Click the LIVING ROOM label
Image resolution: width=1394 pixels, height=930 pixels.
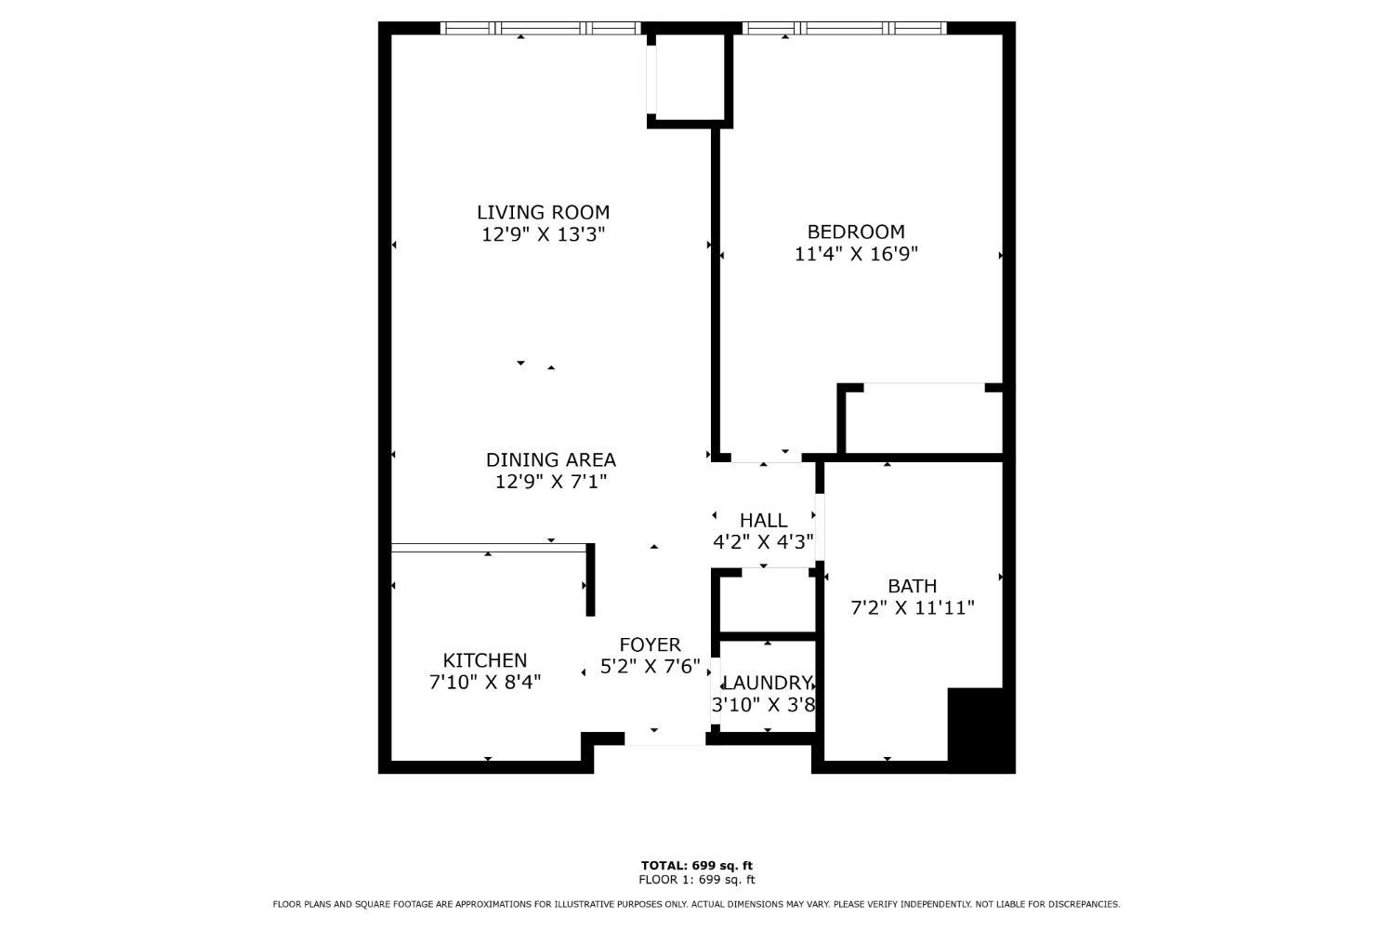(544, 212)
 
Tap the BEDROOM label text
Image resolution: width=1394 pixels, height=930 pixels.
(856, 232)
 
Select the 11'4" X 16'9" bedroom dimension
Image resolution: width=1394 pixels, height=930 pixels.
(856, 254)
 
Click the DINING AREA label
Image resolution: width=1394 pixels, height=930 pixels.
(551, 459)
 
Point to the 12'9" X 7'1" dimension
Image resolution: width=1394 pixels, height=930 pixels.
(551, 482)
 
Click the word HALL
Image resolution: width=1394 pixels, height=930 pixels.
(764, 520)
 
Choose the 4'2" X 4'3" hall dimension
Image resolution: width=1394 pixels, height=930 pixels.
(764, 542)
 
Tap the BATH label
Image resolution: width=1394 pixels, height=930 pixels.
(913, 586)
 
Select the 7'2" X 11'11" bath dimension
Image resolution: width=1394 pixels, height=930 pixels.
(913, 608)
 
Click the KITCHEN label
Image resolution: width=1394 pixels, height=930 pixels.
(485, 660)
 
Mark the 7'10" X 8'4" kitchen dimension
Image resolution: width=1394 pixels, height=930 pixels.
(485, 682)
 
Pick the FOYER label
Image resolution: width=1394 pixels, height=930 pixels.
(651, 644)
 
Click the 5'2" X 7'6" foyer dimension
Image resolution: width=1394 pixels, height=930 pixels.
(651, 667)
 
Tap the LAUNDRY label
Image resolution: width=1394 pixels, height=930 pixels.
(768, 683)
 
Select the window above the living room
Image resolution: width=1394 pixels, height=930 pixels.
(540, 28)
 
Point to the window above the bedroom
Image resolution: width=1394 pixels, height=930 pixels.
(845, 28)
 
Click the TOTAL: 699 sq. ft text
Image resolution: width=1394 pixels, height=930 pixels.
(697, 865)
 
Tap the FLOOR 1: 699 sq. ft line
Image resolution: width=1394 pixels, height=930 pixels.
(697, 880)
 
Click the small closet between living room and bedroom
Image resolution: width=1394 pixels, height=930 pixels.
(690, 77)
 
